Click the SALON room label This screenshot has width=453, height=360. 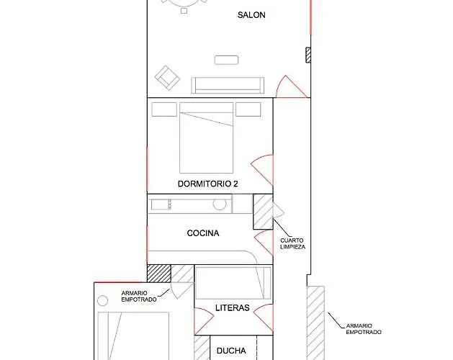[x=251, y=15]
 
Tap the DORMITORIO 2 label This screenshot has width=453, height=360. [x=207, y=184]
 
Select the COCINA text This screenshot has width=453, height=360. [x=203, y=233]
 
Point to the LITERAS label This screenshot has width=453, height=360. [x=233, y=308]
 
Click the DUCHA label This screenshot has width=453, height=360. [x=231, y=351]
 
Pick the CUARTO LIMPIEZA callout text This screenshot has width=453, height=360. [x=292, y=243]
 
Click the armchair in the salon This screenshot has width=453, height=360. [x=167, y=78]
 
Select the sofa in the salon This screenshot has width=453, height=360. [x=228, y=85]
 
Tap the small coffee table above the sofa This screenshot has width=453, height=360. [x=226, y=60]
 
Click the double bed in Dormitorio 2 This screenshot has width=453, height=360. [x=206, y=138]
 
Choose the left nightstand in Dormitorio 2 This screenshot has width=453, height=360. [x=164, y=109]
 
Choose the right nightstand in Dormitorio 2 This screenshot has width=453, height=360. [x=248, y=109]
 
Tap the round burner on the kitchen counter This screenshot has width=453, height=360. [x=220, y=204]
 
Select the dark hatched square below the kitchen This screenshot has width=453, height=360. [x=159, y=274]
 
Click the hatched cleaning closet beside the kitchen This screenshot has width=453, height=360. [x=263, y=212]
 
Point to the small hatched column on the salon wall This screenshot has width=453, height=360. [x=308, y=55]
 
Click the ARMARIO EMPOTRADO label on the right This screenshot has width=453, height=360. [x=364, y=329]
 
